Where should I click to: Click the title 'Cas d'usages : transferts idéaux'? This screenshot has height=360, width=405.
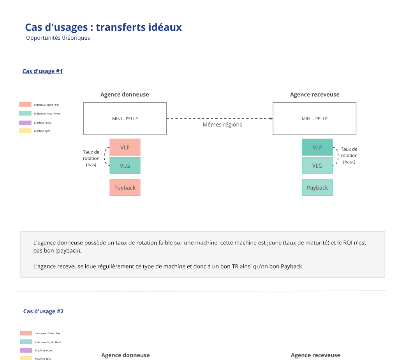(103, 27)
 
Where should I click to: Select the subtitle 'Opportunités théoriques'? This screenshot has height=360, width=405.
(58, 38)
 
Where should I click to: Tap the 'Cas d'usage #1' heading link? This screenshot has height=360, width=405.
(42, 71)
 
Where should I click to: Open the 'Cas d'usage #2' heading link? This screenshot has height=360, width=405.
(43, 311)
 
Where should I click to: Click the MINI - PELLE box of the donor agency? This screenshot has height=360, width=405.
(125, 118)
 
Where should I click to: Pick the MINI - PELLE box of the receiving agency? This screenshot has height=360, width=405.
(314, 118)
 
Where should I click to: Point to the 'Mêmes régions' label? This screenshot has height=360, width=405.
(222, 125)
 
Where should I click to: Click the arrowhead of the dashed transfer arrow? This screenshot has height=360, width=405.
(271, 118)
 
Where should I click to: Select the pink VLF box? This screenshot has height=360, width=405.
(125, 147)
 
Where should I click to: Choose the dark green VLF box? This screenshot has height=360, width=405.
(317, 147)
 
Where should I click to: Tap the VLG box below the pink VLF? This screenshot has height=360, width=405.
(125, 165)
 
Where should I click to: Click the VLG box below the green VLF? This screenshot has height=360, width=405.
(317, 165)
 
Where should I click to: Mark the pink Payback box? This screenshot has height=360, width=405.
(125, 188)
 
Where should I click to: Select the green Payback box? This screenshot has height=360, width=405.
(317, 188)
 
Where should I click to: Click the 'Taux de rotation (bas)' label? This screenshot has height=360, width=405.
(91, 158)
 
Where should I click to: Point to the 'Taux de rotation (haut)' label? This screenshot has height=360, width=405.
(349, 155)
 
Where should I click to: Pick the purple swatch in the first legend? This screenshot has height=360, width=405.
(25, 123)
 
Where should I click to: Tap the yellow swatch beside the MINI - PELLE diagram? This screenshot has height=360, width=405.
(25, 131)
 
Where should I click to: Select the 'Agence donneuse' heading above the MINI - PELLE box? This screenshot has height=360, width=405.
(125, 95)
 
